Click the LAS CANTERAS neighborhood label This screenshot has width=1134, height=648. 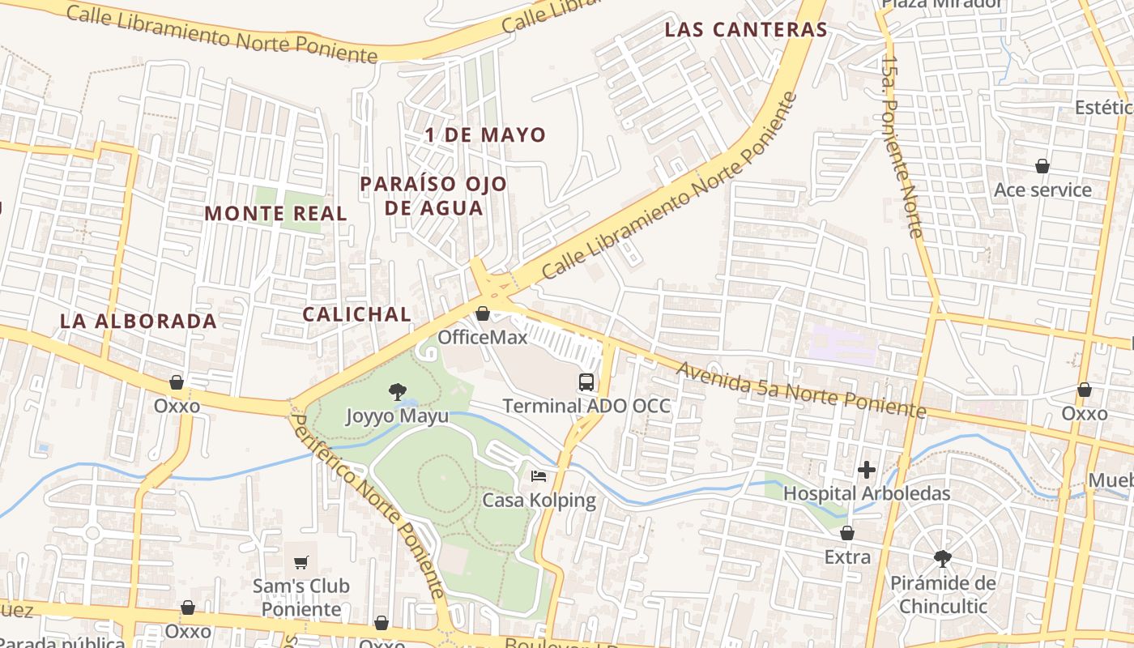click(745, 30)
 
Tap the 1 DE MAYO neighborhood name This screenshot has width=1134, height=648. click(486, 135)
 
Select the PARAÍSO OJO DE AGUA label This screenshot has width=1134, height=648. click(433, 196)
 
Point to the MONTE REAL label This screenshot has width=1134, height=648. click(275, 214)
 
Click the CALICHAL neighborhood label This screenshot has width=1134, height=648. click(356, 314)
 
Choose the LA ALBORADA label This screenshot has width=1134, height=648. click(139, 321)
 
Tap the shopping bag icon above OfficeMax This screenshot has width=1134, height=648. click(483, 313)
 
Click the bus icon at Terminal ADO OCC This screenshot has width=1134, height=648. click(586, 382)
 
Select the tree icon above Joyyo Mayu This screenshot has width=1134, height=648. click(397, 393)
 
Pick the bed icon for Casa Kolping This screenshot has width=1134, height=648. click(539, 476)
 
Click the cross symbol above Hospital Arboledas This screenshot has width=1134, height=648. click(867, 469)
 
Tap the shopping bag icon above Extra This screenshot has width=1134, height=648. click(847, 533)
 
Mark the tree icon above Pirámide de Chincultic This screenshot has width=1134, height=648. click(941, 558)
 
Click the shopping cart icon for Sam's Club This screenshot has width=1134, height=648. click(301, 561)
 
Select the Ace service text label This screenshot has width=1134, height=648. click(1042, 190)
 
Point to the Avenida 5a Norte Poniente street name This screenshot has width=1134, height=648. click(800, 390)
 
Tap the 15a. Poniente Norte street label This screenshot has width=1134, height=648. click(902, 146)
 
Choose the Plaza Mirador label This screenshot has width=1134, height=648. click(942, 4)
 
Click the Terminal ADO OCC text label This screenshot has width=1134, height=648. click(586, 406)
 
